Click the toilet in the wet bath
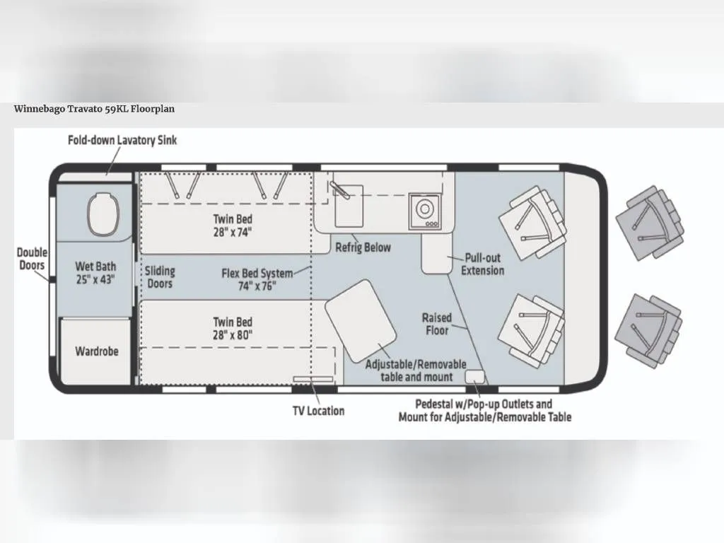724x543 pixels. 103,214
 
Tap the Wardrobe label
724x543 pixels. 96,351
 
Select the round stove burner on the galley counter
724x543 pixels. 424,209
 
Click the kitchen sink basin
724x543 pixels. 349,206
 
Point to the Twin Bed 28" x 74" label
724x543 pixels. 233,226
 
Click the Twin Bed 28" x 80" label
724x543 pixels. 233,328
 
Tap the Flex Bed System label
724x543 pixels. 257,279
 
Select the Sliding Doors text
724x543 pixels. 160,277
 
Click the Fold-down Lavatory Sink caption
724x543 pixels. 122,140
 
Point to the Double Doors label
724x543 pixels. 32,259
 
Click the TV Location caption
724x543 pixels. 319,411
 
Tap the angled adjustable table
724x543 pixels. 361,321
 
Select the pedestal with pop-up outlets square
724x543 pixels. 474,376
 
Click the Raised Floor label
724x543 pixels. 437,324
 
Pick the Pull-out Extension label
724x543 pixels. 482,264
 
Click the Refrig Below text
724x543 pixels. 363,247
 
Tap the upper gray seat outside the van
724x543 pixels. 650,223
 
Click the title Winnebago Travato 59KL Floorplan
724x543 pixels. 94,109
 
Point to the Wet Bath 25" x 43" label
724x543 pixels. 95,273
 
